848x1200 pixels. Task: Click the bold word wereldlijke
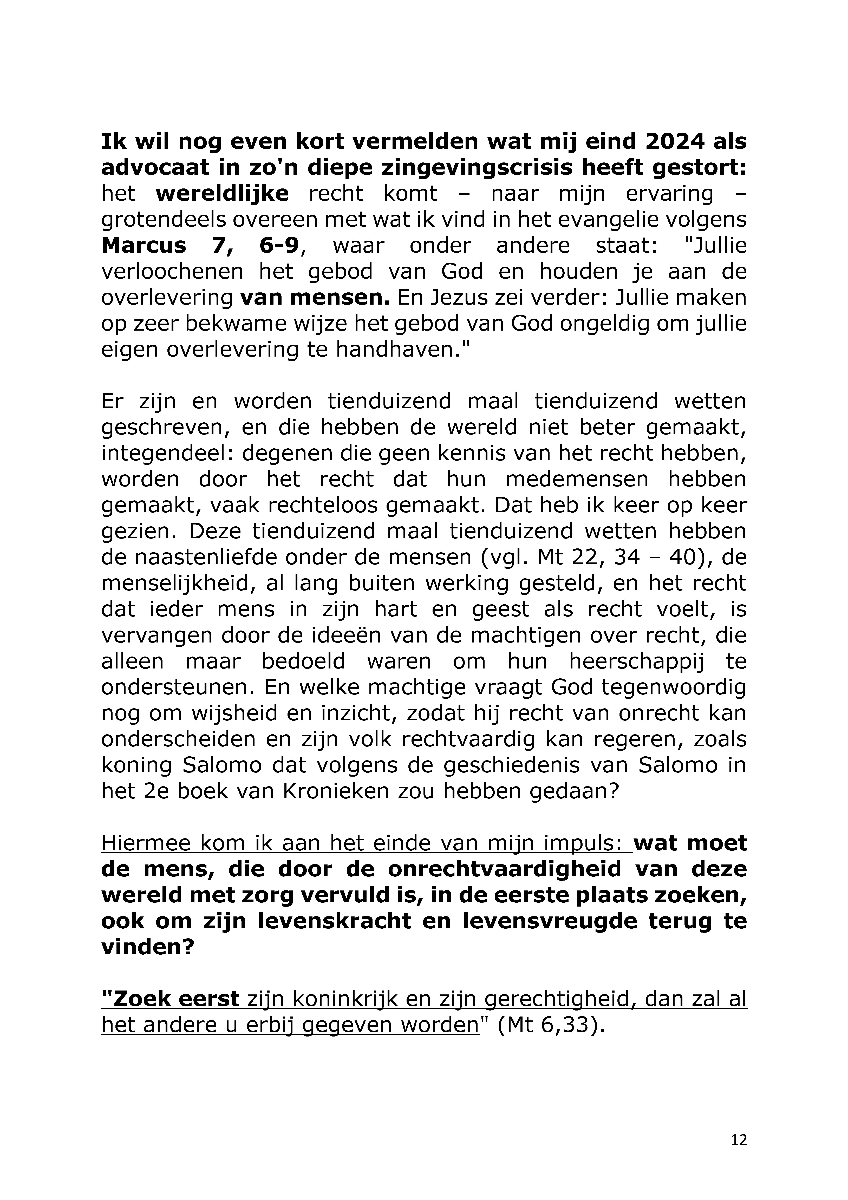point(222,194)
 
